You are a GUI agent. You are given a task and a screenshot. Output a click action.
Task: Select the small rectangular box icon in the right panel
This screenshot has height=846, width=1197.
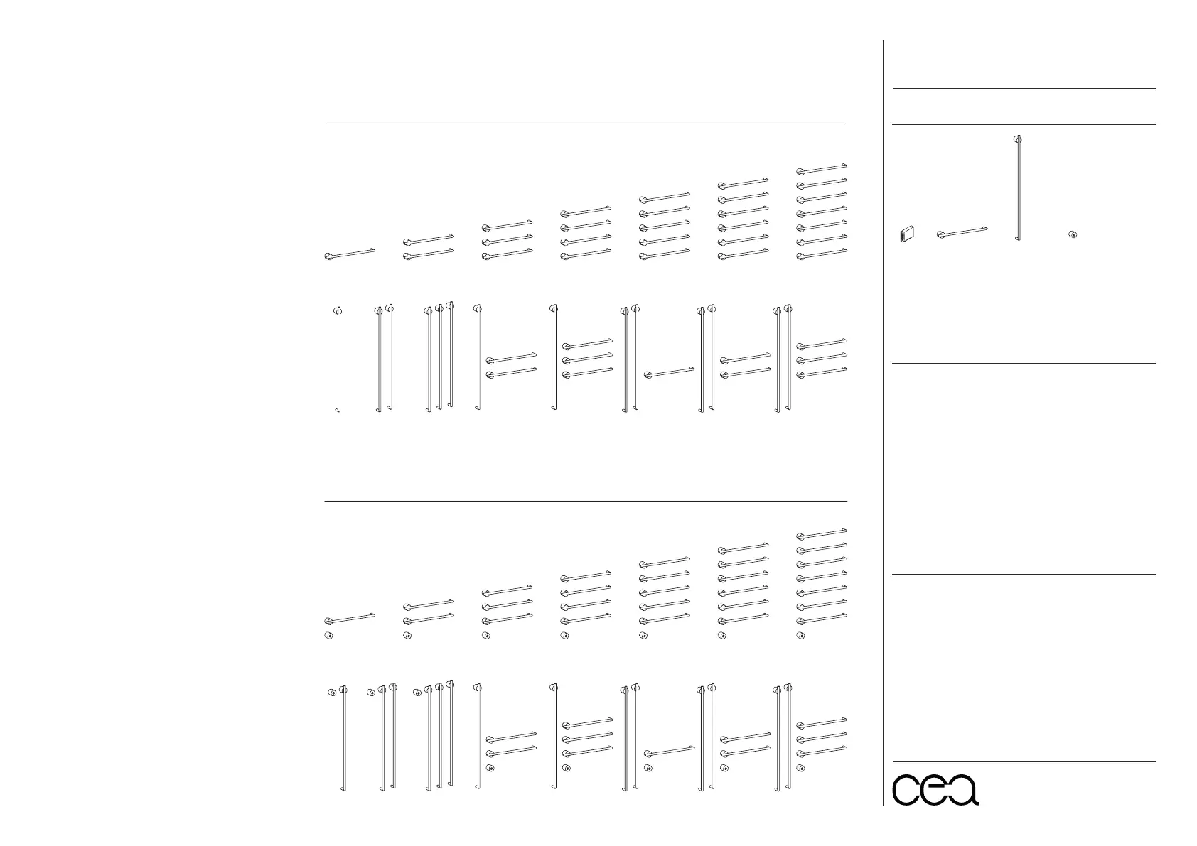[x=906, y=234]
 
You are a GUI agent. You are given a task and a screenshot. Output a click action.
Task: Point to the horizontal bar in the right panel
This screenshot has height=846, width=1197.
[x=962, y=232]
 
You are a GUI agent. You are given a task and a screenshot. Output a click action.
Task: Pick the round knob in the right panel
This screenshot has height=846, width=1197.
[x=1073, y=234]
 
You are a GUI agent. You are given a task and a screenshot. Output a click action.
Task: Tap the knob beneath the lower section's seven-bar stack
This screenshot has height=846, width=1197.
[x=801, y=636]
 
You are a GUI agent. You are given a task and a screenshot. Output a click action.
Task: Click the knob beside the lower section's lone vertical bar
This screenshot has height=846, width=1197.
[x=331, y=692]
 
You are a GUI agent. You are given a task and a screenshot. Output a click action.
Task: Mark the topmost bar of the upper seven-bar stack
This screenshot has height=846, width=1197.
[x=822, y=168]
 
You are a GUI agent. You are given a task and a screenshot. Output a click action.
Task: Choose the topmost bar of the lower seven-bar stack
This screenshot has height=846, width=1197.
[x=822, y=533]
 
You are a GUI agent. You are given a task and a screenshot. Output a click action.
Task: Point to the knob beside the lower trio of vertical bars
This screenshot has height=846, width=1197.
[x=417, y=693]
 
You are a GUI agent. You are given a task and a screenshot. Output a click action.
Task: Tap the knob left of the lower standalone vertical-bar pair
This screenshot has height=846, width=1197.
[x=370, y=693]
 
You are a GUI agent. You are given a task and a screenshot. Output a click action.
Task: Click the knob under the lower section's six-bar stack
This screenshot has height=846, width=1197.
[x=722, y=636]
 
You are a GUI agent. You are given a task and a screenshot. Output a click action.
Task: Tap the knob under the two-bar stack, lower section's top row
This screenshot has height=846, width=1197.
[x=407, y=636]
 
